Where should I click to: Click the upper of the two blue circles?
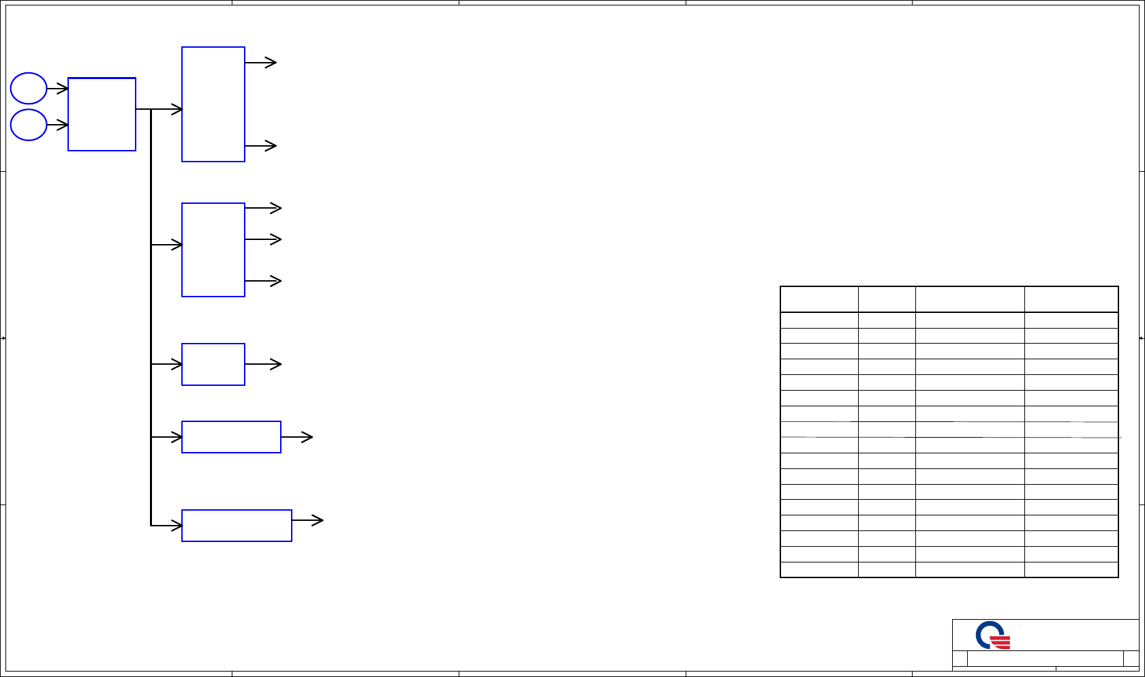click(29, 88)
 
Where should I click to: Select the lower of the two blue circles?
click(29, 125)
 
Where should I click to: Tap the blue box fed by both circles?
click(102, 114)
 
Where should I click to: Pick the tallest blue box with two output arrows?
click(213, 104)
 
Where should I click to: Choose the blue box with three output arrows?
click(213, 250)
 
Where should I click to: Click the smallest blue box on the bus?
click(213, 364)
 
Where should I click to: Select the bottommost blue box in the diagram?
click(236, 526)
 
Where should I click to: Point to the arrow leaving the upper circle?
click(57, 89)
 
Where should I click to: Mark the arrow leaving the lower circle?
click(57, 125)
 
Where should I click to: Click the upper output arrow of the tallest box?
click(260, 63)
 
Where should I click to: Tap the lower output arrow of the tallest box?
click(260, 145)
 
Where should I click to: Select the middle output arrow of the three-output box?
click(263, 239)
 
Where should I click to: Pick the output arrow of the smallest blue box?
click(263, 364)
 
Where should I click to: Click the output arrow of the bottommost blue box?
click(307, 520)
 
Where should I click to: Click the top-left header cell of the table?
click(819, 299)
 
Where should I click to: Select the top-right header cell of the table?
click(1071, 299)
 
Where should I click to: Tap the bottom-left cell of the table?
click(819, 570)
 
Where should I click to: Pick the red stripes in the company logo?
click(1001, 642)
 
